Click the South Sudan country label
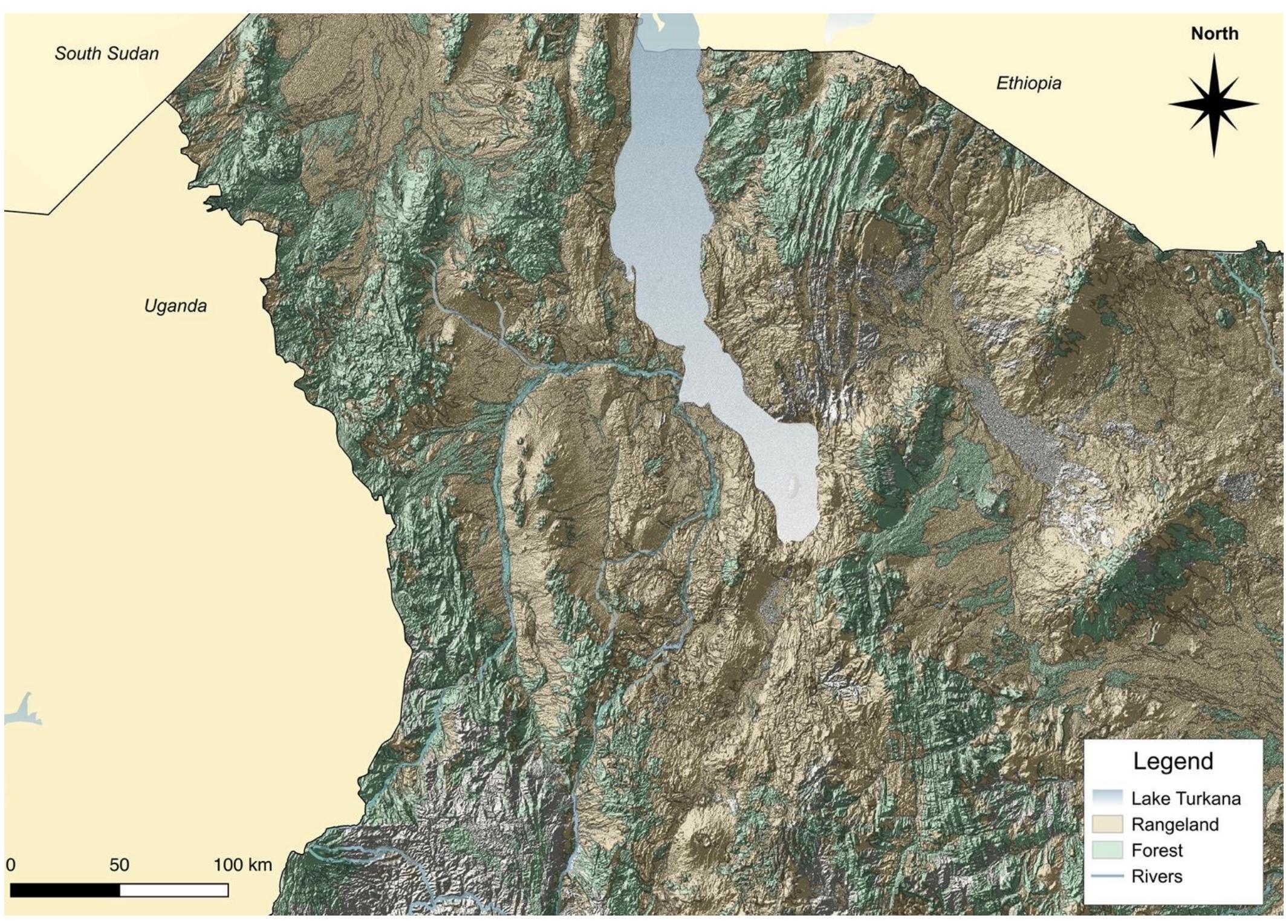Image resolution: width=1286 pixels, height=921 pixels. tap(107, 53)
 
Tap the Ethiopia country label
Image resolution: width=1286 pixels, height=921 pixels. tap(1028, 83)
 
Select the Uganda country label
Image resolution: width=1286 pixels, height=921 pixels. tap(175, 305)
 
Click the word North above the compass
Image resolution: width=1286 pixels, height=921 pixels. tap(1214, 34)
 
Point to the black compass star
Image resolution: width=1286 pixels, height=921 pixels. tap(1213, 105)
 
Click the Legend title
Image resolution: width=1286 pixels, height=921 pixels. tap(1173, 761)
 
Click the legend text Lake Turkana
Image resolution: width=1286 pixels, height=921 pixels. tap(1186, 798)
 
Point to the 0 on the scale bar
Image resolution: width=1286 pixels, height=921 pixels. tap(10, 865)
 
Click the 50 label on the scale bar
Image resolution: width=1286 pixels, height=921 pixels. tap(119, 865)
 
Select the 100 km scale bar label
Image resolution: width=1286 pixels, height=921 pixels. tap(242, 865)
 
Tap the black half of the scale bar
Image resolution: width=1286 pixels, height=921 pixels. tap(65, 890)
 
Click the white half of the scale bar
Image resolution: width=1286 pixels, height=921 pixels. tap(174, 890)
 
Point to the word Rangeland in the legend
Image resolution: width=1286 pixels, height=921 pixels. tap(1175, 824)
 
